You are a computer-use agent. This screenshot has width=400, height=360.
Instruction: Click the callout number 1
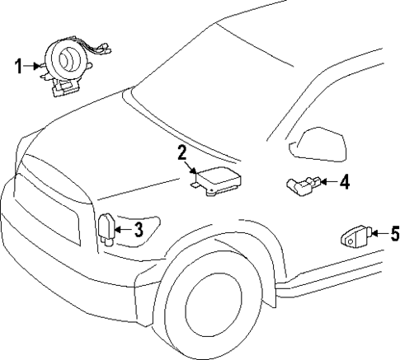click(x=19, y=65)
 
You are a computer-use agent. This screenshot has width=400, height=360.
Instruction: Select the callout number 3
click(x=139, y=230)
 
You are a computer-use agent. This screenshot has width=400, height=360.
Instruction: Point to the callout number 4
click(x=345, y=181)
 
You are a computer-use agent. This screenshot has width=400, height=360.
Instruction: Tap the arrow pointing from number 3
click(x=122, y=230)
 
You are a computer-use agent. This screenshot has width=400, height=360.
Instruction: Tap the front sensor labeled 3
click(x=106, y=229)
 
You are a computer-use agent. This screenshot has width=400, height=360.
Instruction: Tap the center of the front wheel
click(x=212, y=312)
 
